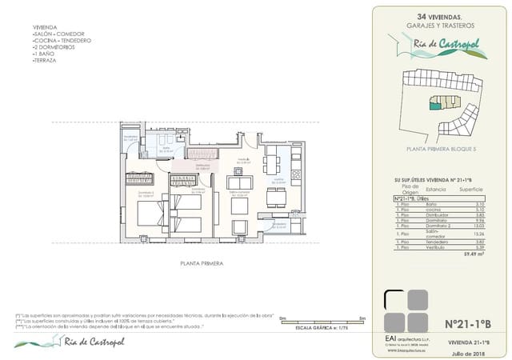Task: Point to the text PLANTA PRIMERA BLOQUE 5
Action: (x=441, y=149)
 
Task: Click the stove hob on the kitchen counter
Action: (x=295, y=174)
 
